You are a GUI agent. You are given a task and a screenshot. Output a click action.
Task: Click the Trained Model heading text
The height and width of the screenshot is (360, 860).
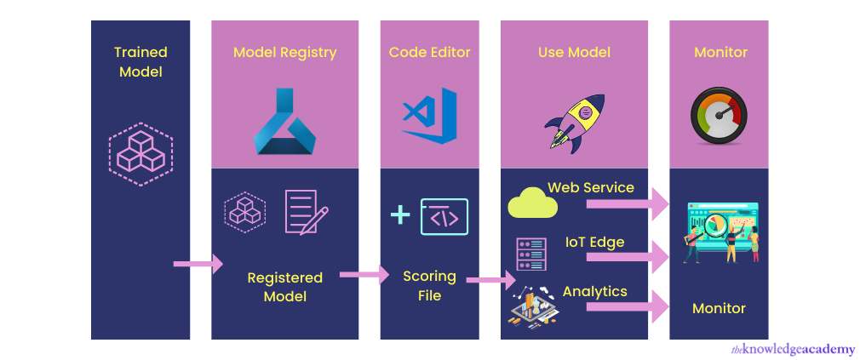pos(140,62)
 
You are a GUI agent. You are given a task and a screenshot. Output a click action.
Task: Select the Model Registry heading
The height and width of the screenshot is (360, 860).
pos(284,53)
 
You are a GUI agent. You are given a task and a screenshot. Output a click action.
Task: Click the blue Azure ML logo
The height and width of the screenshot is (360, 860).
pos(284,121)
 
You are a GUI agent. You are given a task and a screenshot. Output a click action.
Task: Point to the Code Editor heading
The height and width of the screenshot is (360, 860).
pos(431,53)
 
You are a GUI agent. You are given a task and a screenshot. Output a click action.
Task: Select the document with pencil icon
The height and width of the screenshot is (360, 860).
pos(305,211)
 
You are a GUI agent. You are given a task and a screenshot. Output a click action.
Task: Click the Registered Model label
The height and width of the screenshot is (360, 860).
pos(284,287)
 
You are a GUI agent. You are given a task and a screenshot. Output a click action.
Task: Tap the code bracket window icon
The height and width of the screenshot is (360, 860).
pos(444,216)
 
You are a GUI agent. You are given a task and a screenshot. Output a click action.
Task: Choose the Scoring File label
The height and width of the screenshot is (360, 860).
pos(429,285)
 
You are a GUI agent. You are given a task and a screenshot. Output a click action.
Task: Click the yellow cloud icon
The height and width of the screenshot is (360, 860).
pos(531,204)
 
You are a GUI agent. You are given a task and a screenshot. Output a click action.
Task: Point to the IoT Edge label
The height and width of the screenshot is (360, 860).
pos(594,243)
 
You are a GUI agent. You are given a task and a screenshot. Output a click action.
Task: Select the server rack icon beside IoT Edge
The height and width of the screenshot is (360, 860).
pos(530,253)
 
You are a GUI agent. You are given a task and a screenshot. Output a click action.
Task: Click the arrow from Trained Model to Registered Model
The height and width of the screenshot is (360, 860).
pos(198,265)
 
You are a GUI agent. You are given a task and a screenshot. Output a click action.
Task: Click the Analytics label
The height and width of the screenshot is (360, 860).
pos(594,292)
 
